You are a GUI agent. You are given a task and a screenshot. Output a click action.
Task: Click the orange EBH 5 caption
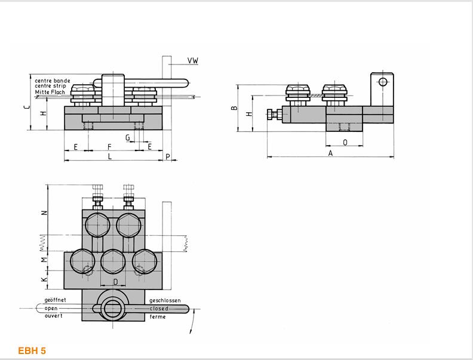click(32, 350)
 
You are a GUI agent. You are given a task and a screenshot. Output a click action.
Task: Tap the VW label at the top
click(193, 61)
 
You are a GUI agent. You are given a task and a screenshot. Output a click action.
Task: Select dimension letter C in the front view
click(27, 107)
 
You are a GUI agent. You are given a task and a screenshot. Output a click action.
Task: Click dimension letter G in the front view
click(128, 138)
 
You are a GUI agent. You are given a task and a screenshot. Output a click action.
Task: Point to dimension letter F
click(109, 147)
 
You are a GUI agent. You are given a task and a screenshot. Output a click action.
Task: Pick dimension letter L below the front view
click(110, 156)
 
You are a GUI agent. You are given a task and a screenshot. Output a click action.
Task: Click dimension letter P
click(168, 157)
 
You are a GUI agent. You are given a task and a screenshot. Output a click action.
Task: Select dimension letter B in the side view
click(234, 108)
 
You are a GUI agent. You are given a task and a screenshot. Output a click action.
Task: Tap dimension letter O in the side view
click(345, 142)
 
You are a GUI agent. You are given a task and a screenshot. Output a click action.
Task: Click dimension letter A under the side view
click(330, 153)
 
